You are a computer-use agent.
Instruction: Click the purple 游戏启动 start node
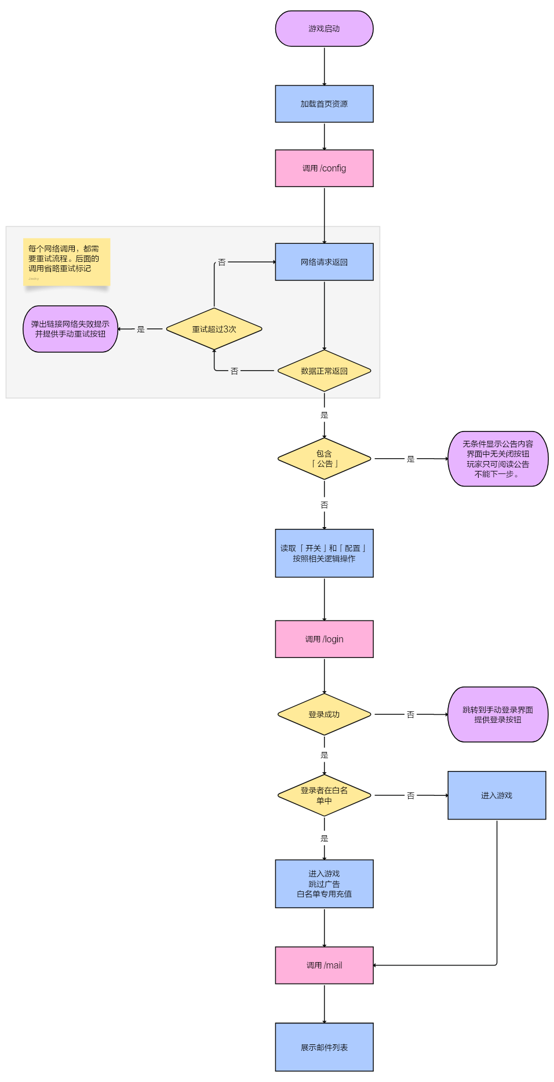pyautogui.click(x=324, y=28)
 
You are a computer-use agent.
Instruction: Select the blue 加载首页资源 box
pyautogui.click(x=324, y=104)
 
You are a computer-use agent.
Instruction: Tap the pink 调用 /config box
pyautogui.click(x=324, y=168)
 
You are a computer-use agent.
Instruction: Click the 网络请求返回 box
pyautogui.click(x=324, y=262)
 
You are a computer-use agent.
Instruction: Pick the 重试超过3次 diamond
pyautogui.click(x=214, y=329)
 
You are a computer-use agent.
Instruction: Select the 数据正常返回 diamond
pyautogui.click(x=324, y=371)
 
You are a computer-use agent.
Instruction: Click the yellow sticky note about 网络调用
pyautogui.click(x=67, y=262)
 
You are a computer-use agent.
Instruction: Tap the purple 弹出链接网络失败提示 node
pyautogui.click(x=70, y=329)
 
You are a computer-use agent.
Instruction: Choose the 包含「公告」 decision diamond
pyautogui.click(x=324, y=459)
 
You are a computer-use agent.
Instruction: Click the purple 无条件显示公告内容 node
pyautogui.click(x=498, y=459)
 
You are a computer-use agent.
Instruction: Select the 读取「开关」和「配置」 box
pyautogui.click(x=324, y=553)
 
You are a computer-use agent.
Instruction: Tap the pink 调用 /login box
pyautogui.click(x=324, y=639)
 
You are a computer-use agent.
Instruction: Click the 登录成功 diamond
pyautogui.click(x=324, y=714)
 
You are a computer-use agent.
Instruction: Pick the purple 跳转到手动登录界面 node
pyautogui.click(x=498, y=714)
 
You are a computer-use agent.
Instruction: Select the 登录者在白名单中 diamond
pyautogui.click(x=324, y=795)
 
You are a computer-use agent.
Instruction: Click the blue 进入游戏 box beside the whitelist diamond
pyautogui.click(x=497, y=795)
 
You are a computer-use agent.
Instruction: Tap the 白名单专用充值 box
pyautogui.click(x=324, y=883)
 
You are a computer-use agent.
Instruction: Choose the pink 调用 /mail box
pyautogui.click(x=324, y=965)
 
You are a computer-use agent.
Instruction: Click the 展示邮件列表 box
pyautogui.click(x=324, y=1047)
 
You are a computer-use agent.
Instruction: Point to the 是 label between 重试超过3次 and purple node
pyautogui.click(x=141, y=329)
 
